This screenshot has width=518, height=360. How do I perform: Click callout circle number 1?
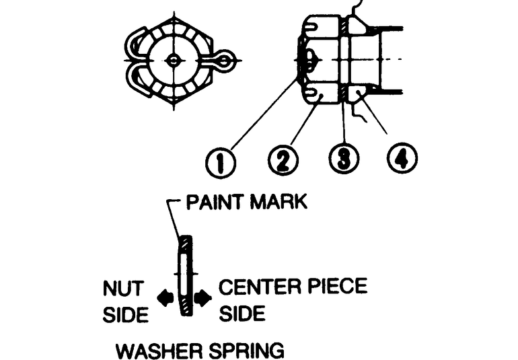pos(221,164)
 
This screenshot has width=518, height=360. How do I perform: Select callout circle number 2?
pos(283,160)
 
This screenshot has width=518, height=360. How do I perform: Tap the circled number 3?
pos(344,158)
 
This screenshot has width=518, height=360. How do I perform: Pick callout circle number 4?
pos(402,157)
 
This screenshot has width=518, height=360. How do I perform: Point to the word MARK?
pos(279,202)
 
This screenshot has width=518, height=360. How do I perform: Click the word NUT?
pos(124,288)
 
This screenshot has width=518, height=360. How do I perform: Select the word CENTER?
pos(260,286)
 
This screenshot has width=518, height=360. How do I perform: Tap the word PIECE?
pos(337,286)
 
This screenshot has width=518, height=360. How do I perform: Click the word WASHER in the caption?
pos(159,351)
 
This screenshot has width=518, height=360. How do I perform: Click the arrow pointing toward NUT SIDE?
pos(165,297)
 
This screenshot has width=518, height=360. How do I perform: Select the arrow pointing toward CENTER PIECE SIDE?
pos(202,297)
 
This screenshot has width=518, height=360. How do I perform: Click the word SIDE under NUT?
pos(126,314)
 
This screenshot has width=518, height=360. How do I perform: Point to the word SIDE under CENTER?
pos(242,313)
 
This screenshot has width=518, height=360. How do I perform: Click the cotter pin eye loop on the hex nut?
pos(225,61)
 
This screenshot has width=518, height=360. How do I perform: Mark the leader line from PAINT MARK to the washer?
pos(174,219)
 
